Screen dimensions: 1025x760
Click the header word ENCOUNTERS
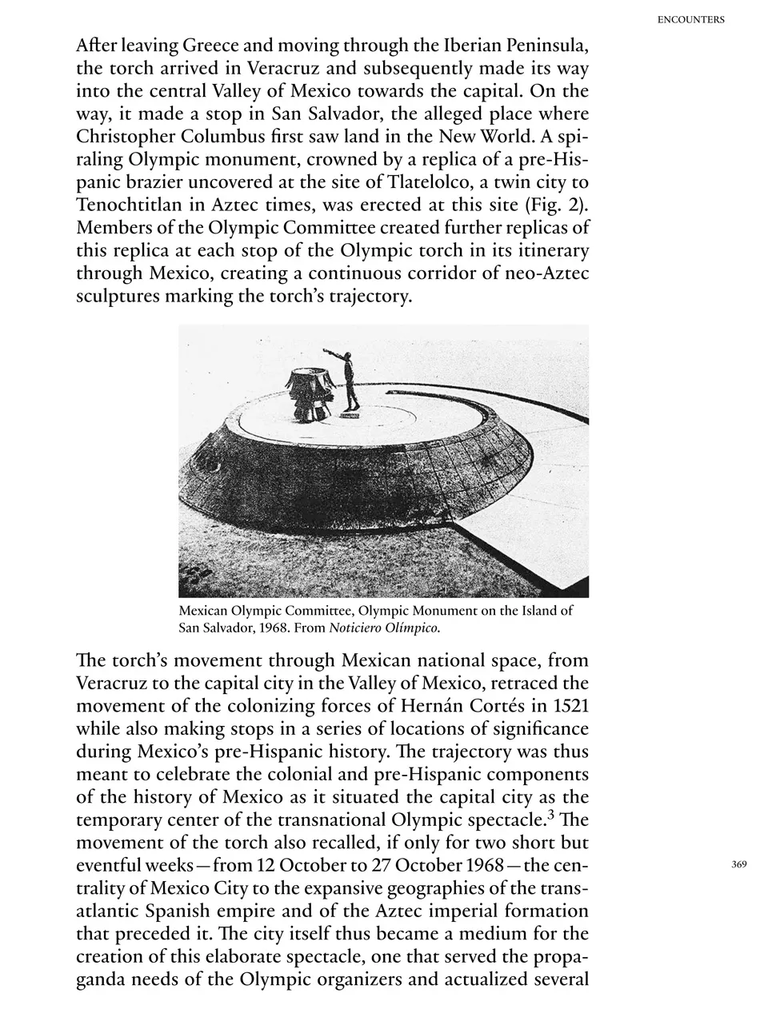tap(690, 20)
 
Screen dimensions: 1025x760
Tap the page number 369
tap(738, 864)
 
